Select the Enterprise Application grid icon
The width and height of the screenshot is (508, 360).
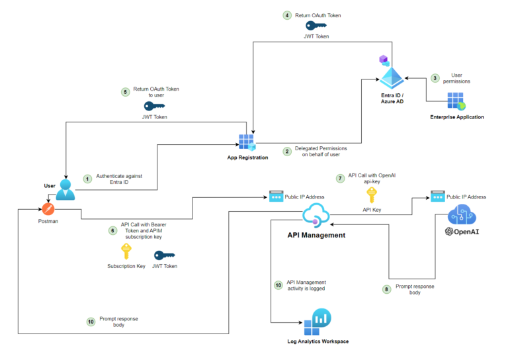(x=457, y=101)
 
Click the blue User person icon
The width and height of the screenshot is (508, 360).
(x=65, y=189)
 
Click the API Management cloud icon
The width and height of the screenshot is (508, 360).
(x=315, y=216)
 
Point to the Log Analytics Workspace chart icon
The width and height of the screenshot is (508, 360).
(x=317, y=322)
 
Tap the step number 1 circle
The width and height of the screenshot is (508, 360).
(x=86, y=179)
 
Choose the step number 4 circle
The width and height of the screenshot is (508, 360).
(x=286, y=15)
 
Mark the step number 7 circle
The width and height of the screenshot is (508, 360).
(x=340, y=179)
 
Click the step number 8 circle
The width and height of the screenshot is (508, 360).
(x=387, y=289)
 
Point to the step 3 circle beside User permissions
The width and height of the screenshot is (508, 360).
(x=435, y=78)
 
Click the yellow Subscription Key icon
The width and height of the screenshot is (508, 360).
(x=126, y=251)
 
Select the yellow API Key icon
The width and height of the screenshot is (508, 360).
(x=372, y=194)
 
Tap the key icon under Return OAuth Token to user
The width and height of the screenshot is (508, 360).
(x=154, y=106)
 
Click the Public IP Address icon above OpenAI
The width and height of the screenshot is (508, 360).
(x=437, y=197)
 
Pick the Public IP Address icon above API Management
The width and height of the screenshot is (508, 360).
(x=276, y=197)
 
